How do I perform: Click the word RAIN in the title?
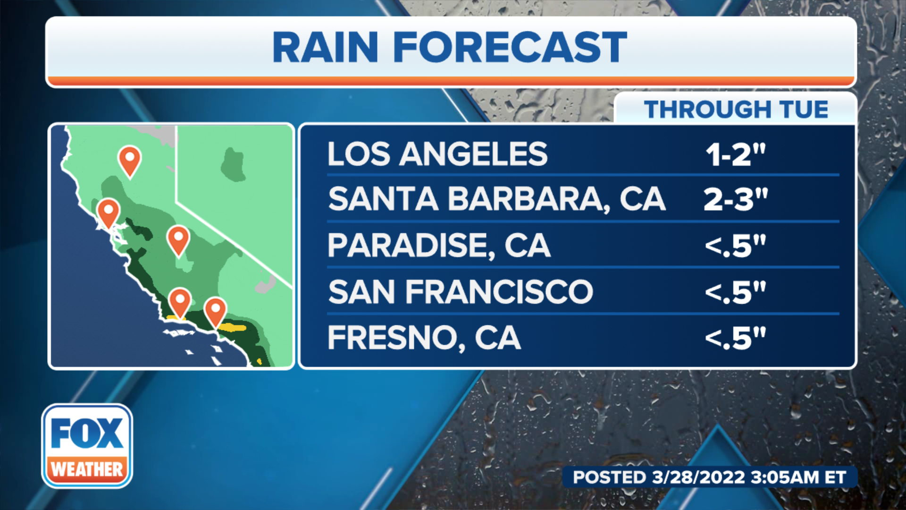point(325,47)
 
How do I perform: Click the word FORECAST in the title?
point(510,47)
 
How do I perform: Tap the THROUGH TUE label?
point(736,110)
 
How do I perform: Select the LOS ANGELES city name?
point(437,154)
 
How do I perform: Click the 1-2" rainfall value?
point(735,154)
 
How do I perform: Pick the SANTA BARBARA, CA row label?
point(496,199)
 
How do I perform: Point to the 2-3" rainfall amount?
point(735,199)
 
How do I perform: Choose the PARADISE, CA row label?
point(439,245)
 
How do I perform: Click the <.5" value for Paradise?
point(735,245)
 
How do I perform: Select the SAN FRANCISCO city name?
point(461,291)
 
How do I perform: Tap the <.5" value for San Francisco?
point(735,291)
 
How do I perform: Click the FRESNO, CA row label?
point(424,338)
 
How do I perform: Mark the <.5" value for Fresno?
point(735,338)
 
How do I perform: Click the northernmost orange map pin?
point(129,160)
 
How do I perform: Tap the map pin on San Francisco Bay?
point(108,212)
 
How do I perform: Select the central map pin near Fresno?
point(178,239)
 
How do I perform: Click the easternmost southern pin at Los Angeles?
point(215,310)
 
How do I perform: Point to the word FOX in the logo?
point(87,433)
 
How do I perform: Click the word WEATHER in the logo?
point(87,469)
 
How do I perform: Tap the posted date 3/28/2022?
point(698,477)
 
